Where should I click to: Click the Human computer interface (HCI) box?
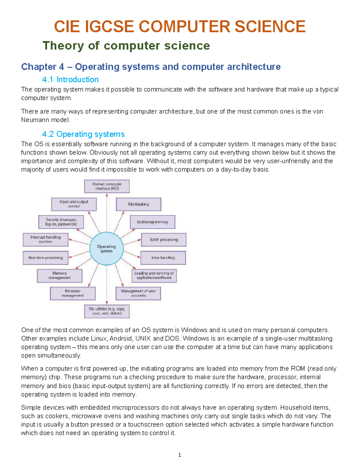point(107,186)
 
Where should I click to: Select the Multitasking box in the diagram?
point(139,204)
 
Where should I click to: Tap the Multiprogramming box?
point(152,222)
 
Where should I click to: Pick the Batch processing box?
point(164,240)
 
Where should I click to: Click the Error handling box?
point(163,258)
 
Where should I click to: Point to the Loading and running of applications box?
point(154,275)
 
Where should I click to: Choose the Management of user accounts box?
point(138,293)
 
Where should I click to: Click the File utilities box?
point(107,311)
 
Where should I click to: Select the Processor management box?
point(73,293)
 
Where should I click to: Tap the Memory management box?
point(59,275)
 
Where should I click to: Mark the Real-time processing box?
point(46,258)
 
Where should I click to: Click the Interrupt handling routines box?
point(46,239)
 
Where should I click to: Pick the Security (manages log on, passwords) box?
point(61,222)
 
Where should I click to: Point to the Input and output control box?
point(74,204)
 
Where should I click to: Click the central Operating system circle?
point(106,249)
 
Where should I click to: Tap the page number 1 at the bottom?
point(179,455)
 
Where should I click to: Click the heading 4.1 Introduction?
point(70,80)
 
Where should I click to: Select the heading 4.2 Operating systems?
point(83,134)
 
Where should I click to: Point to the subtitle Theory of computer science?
point(126,46)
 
